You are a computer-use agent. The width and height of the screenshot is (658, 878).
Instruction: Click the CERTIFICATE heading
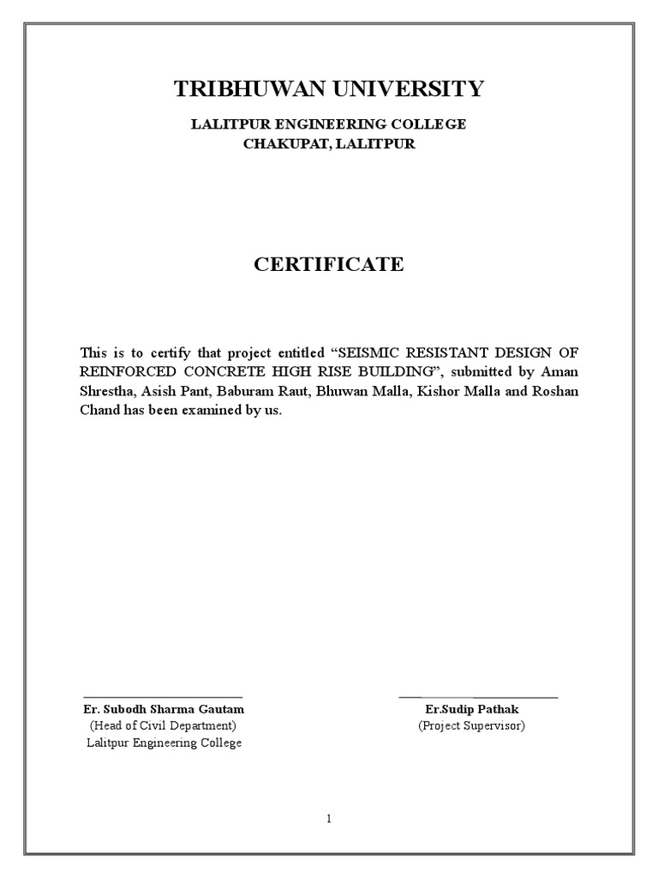[328, 264]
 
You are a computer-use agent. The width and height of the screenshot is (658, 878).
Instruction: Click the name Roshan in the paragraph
[559, 391]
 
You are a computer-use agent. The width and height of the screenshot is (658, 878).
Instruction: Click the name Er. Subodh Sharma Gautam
[164, 709]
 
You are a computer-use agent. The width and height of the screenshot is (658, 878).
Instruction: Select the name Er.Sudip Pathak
[471, 709]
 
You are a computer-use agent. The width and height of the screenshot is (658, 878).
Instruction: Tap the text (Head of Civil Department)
[163, 725]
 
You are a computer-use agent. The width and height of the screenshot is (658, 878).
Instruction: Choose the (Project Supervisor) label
[471, 725]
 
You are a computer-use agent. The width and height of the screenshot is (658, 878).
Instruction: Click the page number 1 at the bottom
[328, 818]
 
